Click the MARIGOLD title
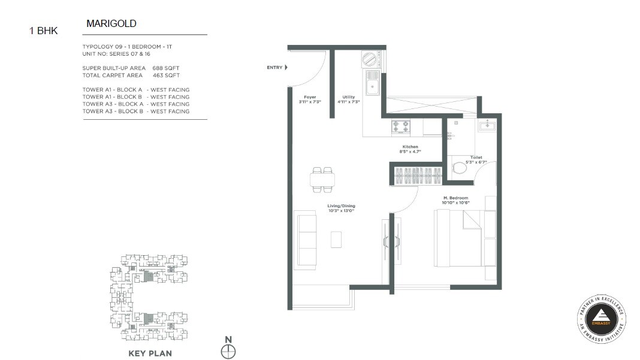[111, 24]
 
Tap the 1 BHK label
[44, 31]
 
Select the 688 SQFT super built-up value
[166, 68]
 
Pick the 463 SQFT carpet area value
[166, 75]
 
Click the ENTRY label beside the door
[274, 68]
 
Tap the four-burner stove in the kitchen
[400, 127]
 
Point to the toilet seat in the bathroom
[460, 168]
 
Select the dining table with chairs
[323, 178]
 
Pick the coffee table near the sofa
[337, 239]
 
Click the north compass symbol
[228, 352]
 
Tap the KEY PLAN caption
[150, 353]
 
